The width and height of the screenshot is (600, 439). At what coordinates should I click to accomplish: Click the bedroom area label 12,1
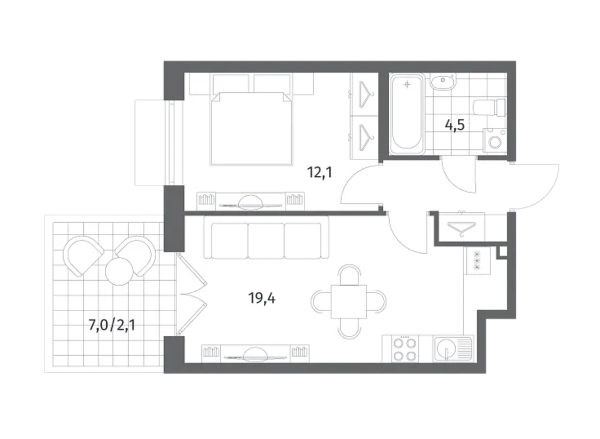(320, 173)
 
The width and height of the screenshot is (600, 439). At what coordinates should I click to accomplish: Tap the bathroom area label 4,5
(454, 125)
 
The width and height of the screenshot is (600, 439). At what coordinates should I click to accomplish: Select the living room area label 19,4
(262, 298)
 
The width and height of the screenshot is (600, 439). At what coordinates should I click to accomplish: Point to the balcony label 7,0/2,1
(112, 326)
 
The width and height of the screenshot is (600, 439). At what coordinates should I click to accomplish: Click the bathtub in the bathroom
(407, 114)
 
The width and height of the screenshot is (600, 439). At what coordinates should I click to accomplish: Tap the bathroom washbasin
(443, 82)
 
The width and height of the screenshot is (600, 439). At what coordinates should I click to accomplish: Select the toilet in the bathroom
(489, 108)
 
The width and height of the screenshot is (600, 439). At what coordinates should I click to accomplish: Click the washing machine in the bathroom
(494, 140)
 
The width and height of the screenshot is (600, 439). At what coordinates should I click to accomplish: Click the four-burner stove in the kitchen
(405, 349)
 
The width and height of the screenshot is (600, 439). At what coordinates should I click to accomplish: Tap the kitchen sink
(453, 348)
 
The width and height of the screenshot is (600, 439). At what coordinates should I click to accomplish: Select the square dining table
(349, 302)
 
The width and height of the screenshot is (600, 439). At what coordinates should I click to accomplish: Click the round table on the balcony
(119, 271)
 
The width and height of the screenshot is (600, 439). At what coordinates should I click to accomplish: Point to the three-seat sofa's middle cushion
(266, 241)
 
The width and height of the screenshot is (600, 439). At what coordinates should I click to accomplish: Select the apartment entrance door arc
(547, 193)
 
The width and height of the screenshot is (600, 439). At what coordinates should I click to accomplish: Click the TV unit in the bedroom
(251, 202)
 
